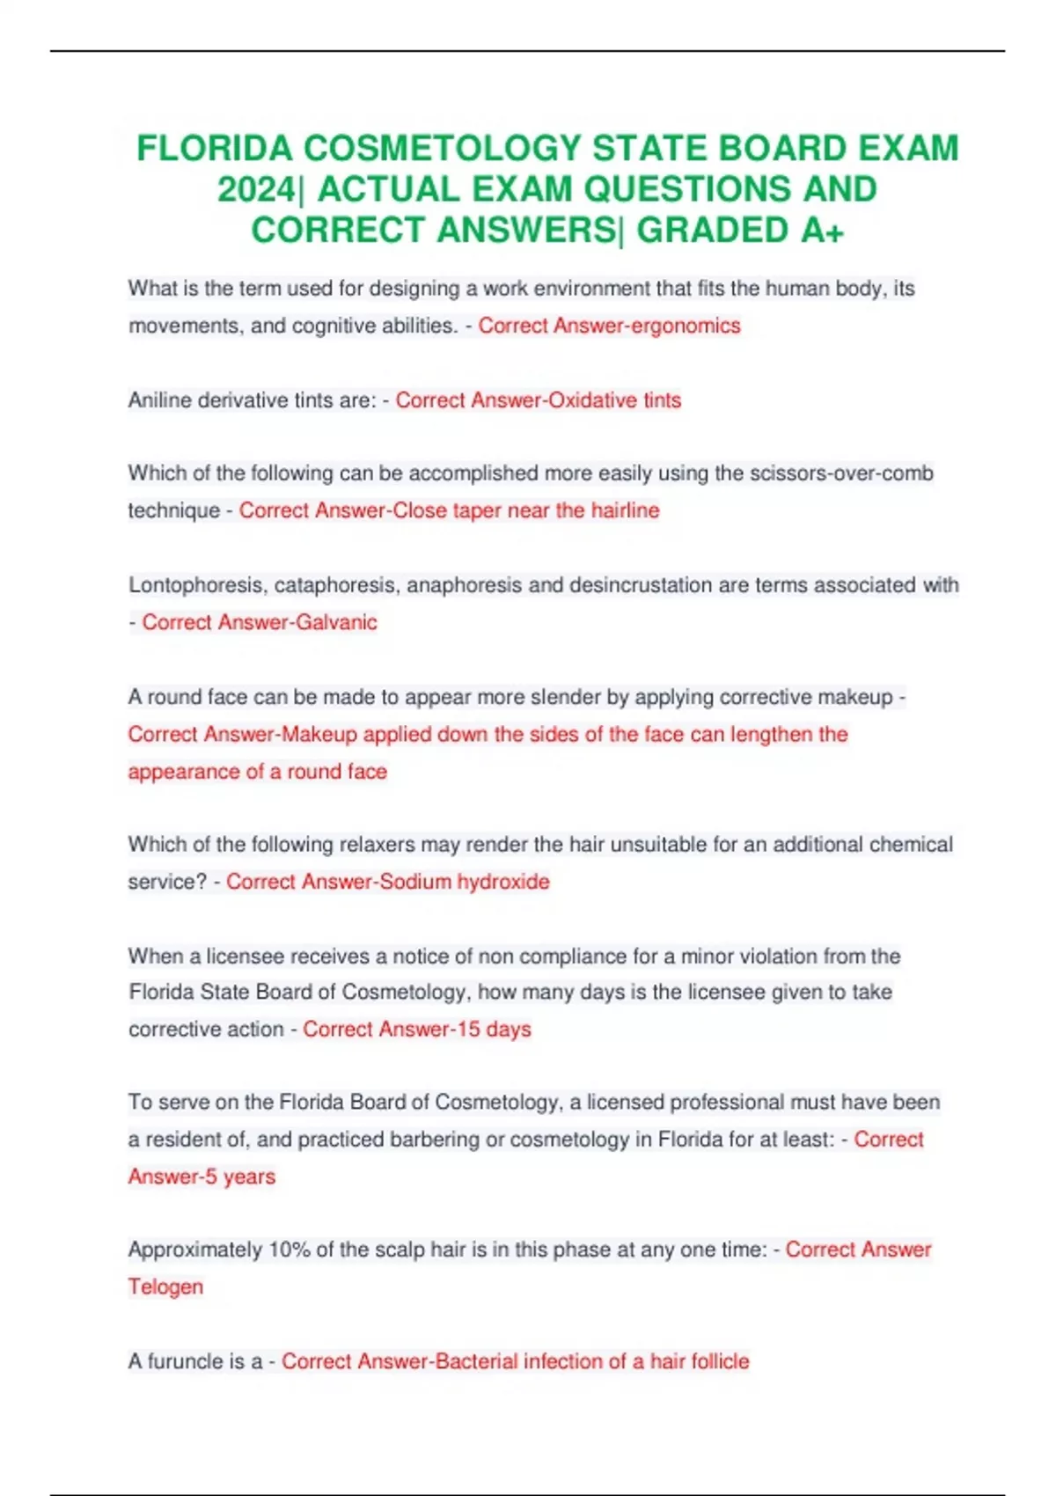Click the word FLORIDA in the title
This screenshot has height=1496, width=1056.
pos(214,148)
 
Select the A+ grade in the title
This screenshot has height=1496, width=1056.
pos(823,231)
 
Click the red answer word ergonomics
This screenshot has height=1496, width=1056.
pos(686,326)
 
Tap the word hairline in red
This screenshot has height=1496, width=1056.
pos(625,510)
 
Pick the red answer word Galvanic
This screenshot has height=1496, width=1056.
pos(336,622)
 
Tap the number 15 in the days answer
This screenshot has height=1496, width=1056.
pos(468,1029)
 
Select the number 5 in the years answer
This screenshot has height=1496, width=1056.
pos(210,1177)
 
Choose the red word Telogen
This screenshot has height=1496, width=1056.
pos(165,1287)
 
